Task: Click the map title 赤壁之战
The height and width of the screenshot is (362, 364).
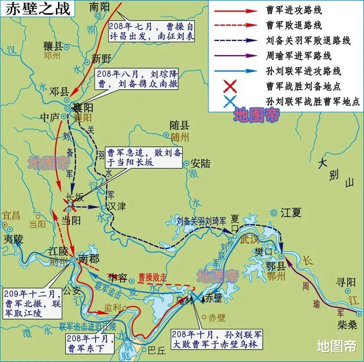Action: pos(38,8)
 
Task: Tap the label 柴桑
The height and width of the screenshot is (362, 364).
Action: pos(347,325)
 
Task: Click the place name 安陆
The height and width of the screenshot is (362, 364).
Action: pos(201,163)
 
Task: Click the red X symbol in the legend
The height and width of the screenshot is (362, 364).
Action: pos(231,86)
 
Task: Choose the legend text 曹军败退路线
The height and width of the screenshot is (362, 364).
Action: pos(293,25)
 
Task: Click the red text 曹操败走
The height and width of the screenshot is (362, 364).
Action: pos(152,276)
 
